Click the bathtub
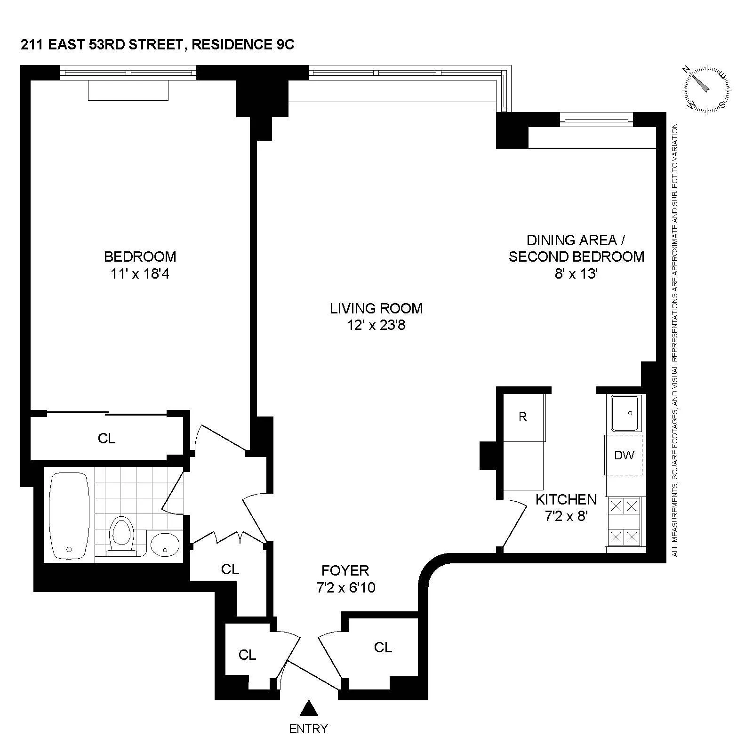[69, 516]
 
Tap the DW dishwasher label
[624, 455]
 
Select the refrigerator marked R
[523, 417]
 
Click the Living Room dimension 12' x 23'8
[376, 325]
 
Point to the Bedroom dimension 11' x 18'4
[140, 273]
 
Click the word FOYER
[345, 570]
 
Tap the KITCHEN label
[566, 499]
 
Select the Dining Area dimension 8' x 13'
[576, 273]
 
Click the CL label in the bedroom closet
[106, 439]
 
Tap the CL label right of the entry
[383, 648]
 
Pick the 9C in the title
[284, 45]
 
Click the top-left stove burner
[617, 506]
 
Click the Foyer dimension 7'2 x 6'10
[346, 587]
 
